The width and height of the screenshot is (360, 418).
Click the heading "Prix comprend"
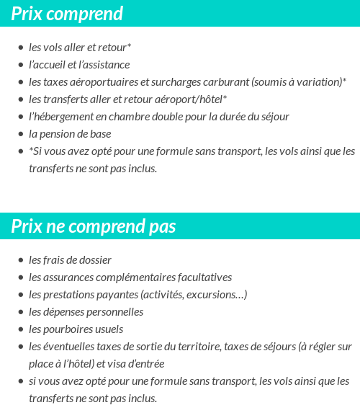click(x=67, y=14)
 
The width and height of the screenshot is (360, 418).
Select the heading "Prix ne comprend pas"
click(x=93, y=226)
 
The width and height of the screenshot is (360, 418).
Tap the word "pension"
click(x=58, y=134)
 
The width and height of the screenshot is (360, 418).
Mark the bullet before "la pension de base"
click(x=21, y=134)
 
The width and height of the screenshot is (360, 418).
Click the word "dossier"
click(x=95, y=260)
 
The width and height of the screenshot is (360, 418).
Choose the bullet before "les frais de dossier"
click(x=21, y=260)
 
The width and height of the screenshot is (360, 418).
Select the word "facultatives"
click(x=205, y=277)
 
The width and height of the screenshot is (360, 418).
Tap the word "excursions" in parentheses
click(x=216, y=295)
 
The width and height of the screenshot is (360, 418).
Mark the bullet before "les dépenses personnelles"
click(x=21, y=312)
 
